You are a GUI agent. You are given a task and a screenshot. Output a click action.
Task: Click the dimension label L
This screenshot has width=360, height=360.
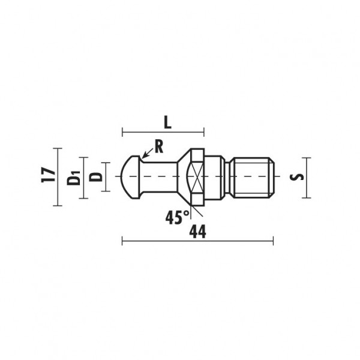tap(168, 123)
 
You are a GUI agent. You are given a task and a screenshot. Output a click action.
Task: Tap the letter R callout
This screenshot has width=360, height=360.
tap(159, 147)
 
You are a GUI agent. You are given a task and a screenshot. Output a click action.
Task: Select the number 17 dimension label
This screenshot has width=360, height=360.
tap(48, 175)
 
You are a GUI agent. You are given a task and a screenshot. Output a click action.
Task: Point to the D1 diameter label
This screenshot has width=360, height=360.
tap(74, 178)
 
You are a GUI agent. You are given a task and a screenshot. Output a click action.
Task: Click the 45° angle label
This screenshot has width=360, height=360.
tap(177, 217)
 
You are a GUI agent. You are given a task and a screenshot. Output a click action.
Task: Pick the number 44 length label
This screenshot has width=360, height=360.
tap(197, 232)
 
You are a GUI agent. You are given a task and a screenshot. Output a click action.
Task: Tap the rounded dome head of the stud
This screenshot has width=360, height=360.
tap(130, 177)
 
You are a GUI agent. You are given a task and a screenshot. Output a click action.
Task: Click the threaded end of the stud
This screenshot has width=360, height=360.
tap(254, 178)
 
